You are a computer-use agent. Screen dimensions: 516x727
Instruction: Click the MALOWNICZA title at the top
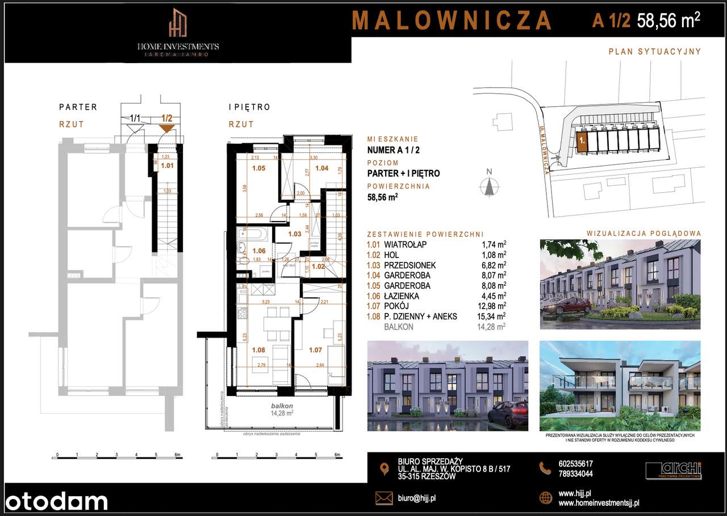[x=452, y=20]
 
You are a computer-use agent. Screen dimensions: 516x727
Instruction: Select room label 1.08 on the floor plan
[x=258, y=350]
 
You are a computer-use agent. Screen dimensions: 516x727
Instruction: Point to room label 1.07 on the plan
[x=315, y=350]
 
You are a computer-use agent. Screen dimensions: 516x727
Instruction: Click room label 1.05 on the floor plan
[x=258, y=168]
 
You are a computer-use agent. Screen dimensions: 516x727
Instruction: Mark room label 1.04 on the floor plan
[x=321, y=168]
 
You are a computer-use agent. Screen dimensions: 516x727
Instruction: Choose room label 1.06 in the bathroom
[x=258, y=251]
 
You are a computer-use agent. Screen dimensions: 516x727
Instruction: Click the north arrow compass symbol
[x=488, y=186]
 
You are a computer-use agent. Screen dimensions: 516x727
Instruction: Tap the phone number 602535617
[x=576, y=464]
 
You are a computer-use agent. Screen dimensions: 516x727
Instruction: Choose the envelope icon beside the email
[x=384, y=498]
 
